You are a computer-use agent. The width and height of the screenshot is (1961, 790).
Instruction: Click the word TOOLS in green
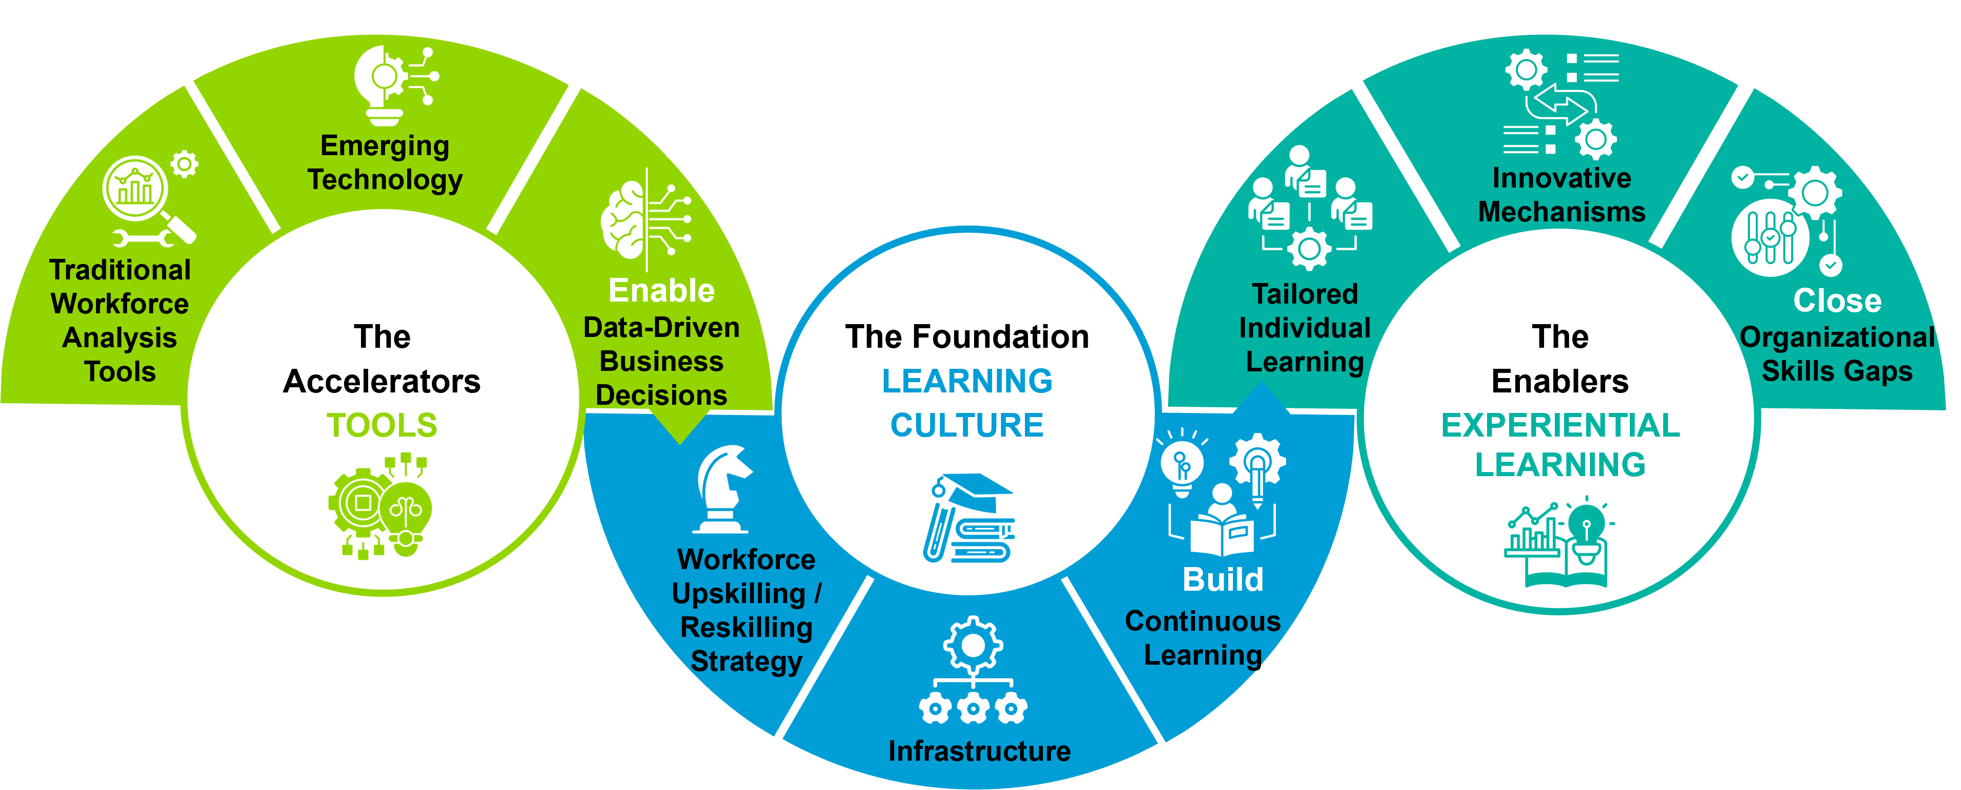tap(382, 425)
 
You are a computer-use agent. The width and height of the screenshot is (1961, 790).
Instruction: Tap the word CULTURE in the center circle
tap(967, 425)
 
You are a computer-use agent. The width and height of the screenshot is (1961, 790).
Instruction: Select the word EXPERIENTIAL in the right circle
tap(1560, 425)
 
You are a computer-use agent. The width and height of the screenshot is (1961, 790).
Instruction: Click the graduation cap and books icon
tap(968, 518)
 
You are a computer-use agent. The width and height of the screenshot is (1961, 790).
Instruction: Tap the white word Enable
tap(661, 290)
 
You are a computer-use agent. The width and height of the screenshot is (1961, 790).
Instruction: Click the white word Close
tap(1837, 301)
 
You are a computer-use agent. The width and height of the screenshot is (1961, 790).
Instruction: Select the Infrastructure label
tap(980, 751)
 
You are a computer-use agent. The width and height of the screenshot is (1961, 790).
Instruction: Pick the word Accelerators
tap(382, 381)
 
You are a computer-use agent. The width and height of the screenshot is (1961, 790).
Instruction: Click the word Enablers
tap(1560, 381)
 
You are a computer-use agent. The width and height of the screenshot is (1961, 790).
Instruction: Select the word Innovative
tap(1562, 178)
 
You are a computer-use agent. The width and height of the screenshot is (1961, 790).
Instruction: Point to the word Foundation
tap(1001, 337)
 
